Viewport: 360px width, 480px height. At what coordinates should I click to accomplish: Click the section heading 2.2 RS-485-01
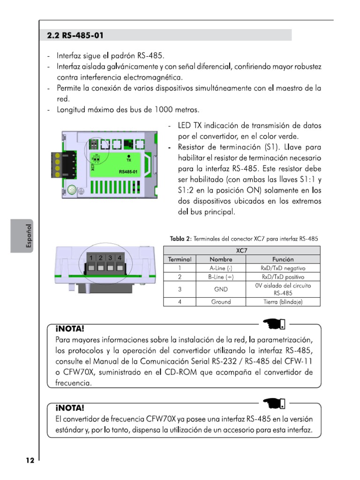(x=75, y=35)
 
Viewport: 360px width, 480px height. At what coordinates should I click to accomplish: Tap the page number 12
(x=30, y=460)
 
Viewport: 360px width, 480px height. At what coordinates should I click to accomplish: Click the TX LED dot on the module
(x=128, y=155)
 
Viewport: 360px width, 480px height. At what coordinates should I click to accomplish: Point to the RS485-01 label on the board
(x=128, y=172)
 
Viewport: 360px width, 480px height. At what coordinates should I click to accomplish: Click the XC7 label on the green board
(x=93, y=166)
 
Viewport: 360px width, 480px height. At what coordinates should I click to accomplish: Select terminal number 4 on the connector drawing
(x=120, y=258)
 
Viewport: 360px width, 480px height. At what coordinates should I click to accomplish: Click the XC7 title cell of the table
(x=241, y=250)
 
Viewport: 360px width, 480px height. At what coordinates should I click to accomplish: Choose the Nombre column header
(x=221, y=259)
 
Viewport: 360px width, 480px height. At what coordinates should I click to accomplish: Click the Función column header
(x=283, y=259)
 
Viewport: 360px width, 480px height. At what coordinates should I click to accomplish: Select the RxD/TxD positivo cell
(x=283, y=277)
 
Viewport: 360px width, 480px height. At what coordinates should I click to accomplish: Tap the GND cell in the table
(x=221, y=289)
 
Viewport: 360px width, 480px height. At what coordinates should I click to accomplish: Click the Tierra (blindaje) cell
(x=283, y=302)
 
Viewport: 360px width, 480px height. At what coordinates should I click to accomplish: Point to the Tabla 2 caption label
(x=180, y=239)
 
